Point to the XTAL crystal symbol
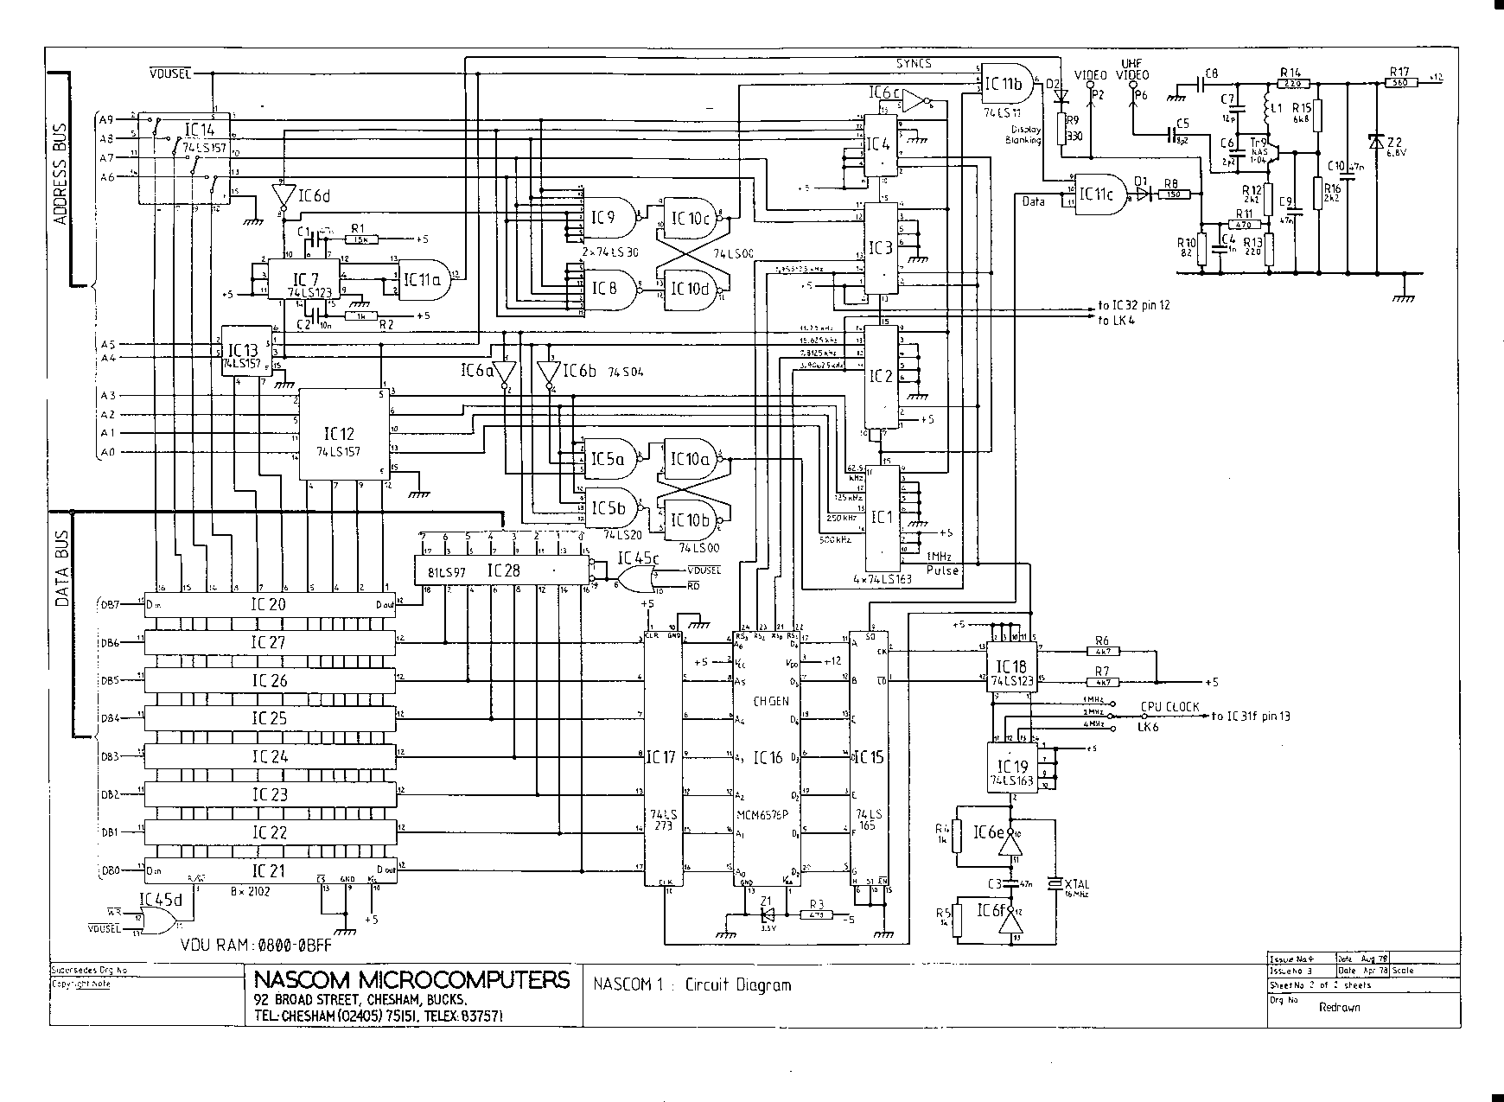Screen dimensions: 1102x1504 pyautogui.click(x=1054, y=883)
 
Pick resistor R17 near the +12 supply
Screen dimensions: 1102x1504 pyautogui.click(x=1400, y=83)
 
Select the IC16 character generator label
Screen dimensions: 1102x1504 pyautogui.click(x=768, y=758)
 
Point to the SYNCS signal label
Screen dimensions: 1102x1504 pyautogui.click(x=914, y=64)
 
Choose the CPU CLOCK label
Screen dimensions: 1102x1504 pyautogui.click(x=1169, y=706)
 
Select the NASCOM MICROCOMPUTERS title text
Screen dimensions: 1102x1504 pyautogui.click(x=412, y=980)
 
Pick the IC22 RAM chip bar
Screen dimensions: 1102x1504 pyautogui.click(x=269, y=832)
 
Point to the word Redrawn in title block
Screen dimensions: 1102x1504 pyautogui.click(x=1339, y=1007)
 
